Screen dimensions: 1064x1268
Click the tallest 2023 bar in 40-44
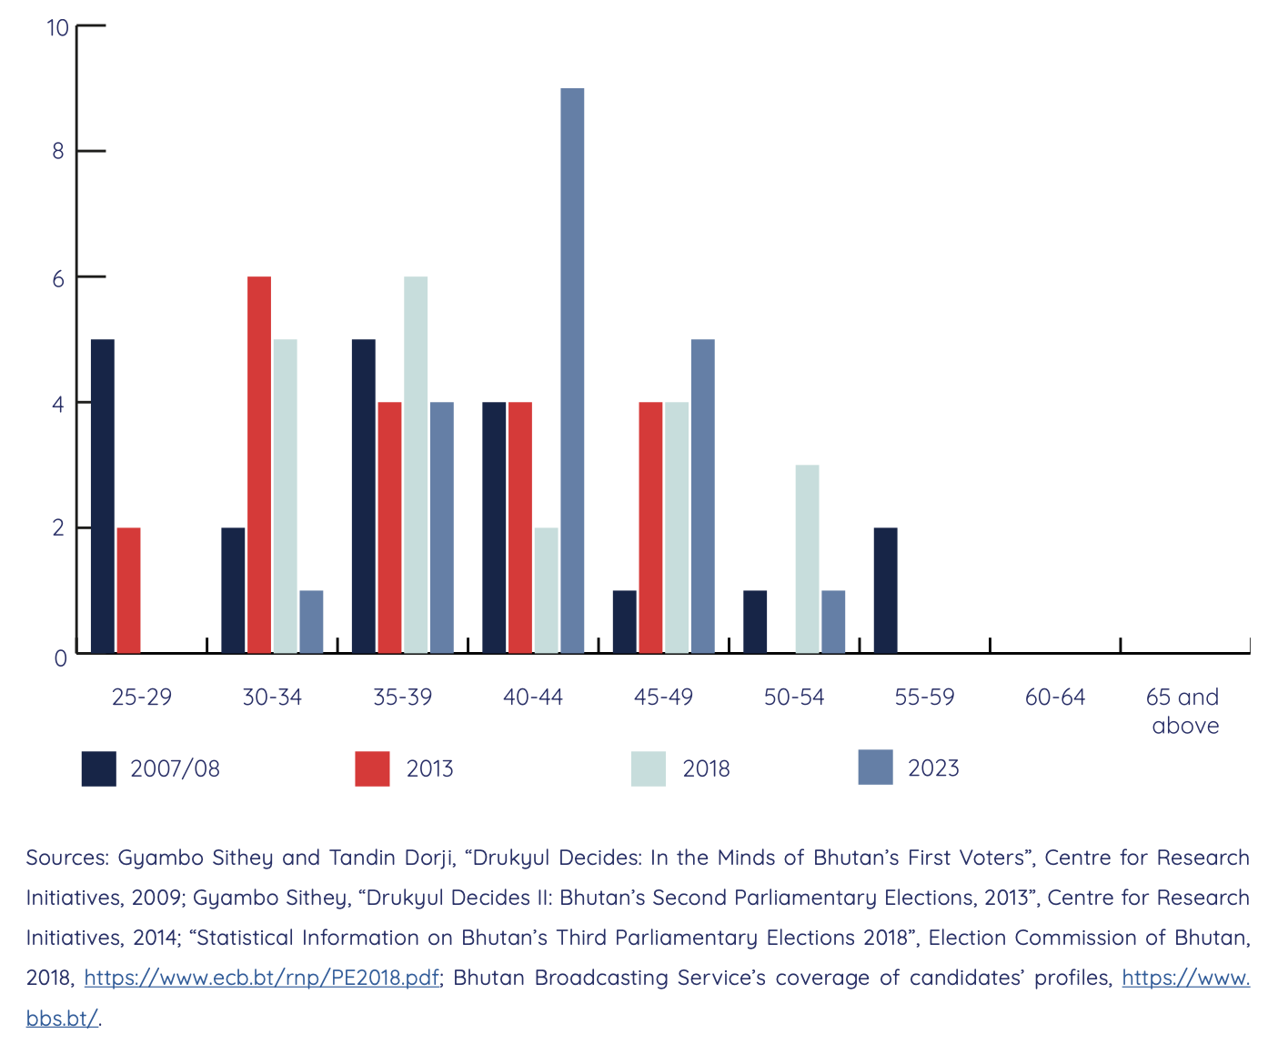tap(572, 370)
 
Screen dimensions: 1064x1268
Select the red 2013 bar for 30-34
tap(259, 465)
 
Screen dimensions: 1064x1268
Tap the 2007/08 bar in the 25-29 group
tap(103, 496)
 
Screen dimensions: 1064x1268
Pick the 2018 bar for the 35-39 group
tap(416, 465)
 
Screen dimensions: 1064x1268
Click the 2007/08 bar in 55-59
tap(885, 590)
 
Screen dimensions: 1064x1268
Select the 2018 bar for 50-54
tap(807, 558)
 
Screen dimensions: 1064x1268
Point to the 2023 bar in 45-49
tap(702, 496)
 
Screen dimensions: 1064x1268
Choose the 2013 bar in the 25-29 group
tap(128, 590)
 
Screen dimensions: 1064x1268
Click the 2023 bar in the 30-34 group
tap(311, 621)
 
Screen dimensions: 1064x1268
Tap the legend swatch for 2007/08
tap(99, 768)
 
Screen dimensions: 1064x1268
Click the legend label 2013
tap(429, 769)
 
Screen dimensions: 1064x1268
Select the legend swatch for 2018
tap(648, 768)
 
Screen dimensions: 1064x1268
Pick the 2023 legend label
tap(933, 768)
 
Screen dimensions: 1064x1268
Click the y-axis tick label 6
tap(59, 278)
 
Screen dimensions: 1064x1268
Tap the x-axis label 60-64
tap(1054, 698)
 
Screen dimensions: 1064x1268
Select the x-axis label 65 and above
tap(1183, 711)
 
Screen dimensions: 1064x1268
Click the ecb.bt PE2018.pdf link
tap(262, 978)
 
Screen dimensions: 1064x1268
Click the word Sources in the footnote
tap(67, 858)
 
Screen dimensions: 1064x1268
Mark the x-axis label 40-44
tap(533, 698)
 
